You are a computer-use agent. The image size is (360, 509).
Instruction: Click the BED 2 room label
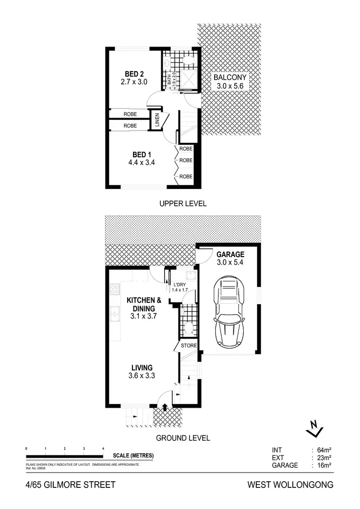pyautogui.click(x=134, y=74)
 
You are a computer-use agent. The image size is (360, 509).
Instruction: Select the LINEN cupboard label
pyautogui.click(x=157, y=120)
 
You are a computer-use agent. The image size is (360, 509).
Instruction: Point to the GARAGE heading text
pyautogui.click(x=230, y=254)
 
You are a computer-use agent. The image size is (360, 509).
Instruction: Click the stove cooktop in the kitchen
pyautogui.click(x=115, y=289)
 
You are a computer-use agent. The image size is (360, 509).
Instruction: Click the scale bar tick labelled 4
pyautogui.click(x=103, y=448)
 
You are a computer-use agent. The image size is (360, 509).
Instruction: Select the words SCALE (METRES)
pyautogui.click(x=133, y=456)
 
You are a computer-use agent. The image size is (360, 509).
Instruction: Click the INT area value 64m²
pyautogui.click(x=324, y=450)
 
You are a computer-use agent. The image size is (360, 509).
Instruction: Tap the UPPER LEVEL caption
pyautogui.click(x=183, y=203)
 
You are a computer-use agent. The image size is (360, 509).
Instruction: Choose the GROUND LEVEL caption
pyautogui.click(x=183, y=438)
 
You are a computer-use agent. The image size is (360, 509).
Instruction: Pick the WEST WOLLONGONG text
pyautogui.click(x=290, y=485)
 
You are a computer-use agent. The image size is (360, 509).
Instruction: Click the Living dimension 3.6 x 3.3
pyautogui.click(x=143, y=376)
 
